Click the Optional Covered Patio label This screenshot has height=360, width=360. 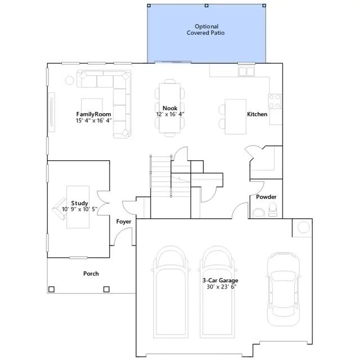[206, 30]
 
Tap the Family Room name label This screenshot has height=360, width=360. [94, 114]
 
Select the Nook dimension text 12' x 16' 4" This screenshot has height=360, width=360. [170, 114]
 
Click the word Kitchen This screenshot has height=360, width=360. [257, 114]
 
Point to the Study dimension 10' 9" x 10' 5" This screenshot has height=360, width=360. [80, 209]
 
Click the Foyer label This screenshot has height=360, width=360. [124, 222]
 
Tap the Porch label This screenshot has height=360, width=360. [91, 273]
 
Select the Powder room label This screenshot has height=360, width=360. [266, 197]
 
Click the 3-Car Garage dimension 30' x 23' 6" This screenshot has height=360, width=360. [222, 286]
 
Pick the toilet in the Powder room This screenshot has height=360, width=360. [273, 209]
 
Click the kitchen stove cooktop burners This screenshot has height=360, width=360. [275, 101]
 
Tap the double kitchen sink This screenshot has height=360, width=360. [246, 71]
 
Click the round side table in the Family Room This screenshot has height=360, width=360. [69, 80]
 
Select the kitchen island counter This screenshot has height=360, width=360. [236, 116]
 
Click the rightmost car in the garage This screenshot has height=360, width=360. [283, 289]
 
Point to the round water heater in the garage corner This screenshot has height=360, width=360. [304, 227]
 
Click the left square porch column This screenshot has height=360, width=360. [51, 289]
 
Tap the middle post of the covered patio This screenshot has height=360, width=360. [206, 6]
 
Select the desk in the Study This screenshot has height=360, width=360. [78, 207]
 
